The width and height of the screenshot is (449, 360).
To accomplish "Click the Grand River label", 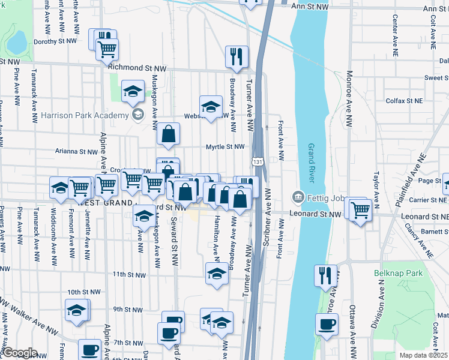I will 312,164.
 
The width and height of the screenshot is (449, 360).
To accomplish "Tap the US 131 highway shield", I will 257,162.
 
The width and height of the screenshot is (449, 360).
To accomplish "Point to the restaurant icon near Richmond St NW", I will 237,56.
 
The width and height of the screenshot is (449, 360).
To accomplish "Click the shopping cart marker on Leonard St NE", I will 360,210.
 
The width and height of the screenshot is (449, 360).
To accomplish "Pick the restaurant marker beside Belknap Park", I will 325,275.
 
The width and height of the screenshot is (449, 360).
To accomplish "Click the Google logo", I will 19,353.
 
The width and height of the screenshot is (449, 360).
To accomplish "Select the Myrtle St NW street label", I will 225,146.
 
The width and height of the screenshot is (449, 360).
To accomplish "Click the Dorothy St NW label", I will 55,41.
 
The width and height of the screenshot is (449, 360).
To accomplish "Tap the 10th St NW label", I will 82,292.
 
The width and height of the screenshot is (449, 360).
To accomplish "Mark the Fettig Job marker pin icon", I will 298,197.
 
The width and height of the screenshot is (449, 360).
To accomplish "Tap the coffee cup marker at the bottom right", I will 327,326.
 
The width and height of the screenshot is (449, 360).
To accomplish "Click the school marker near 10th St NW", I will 76,310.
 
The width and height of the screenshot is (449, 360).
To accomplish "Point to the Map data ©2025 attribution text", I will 424,355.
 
